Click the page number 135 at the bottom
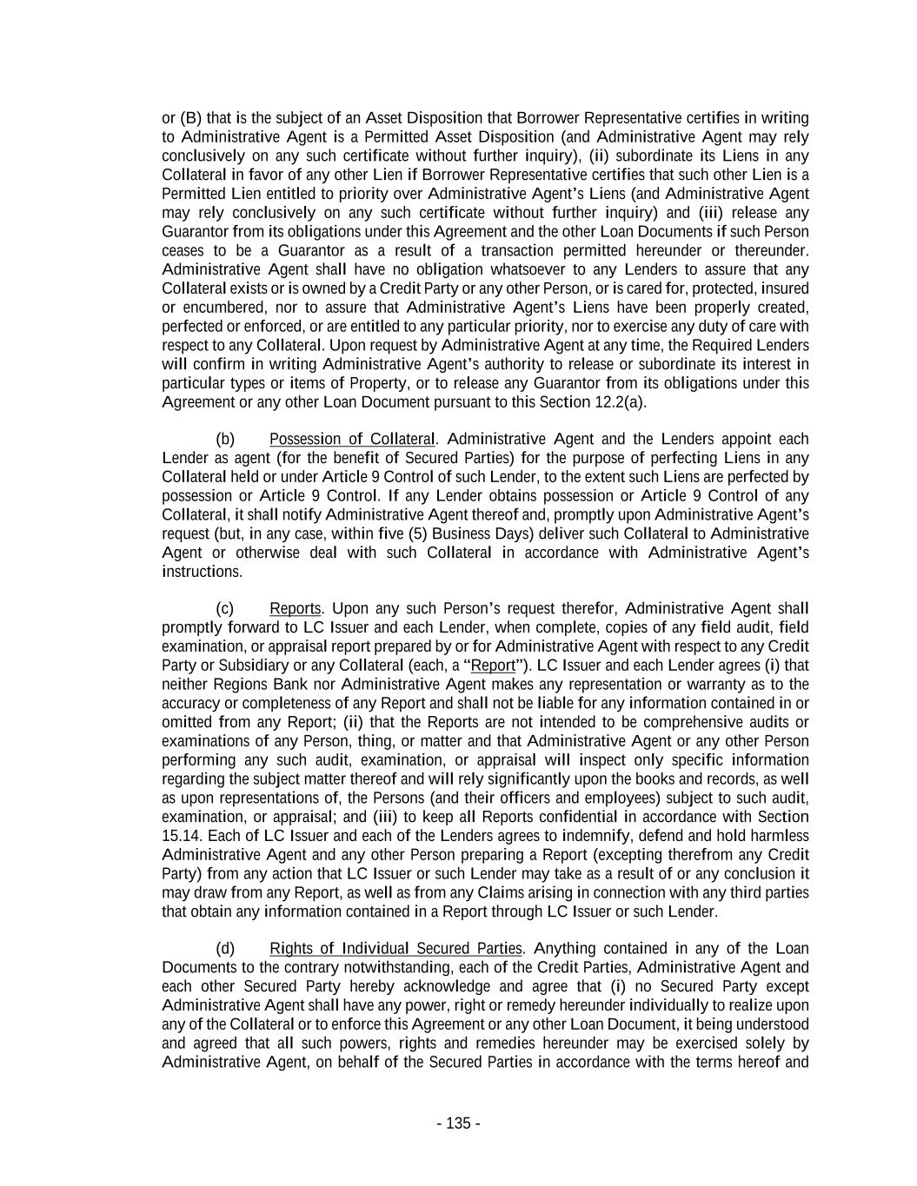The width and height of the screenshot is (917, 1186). coord(458,1123)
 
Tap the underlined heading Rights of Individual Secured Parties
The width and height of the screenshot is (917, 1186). coord(395,948)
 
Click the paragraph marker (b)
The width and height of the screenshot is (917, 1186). coord(225,439)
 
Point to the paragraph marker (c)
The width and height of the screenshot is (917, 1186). coord(225,608)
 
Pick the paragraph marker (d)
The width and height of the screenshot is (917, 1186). coord(225,948)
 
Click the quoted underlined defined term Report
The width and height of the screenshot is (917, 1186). coord(493,666)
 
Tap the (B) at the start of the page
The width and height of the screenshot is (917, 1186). coord(191,118)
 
